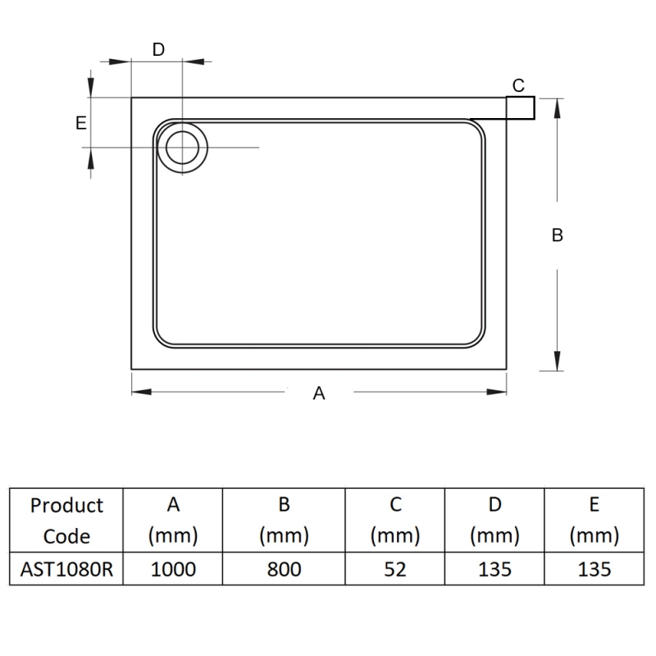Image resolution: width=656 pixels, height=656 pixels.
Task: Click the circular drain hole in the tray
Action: (x=182, y=148)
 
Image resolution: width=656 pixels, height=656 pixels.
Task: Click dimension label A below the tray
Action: (x=320, y=394)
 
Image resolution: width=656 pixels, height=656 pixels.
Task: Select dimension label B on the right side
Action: (x=558, y=235)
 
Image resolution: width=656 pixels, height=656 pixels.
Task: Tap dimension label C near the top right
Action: (x=518, y=85)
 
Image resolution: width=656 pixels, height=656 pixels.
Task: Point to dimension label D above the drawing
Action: (x=159, y=49)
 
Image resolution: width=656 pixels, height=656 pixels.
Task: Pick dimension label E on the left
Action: (x=80, y=123)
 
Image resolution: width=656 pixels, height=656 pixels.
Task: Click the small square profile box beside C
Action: (x=521, y=107)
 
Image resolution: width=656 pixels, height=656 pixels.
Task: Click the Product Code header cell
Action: (x=66, y=521)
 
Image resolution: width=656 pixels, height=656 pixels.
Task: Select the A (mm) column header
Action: (x=173, y=521)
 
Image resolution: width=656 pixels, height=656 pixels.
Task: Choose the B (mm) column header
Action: (x=284, y=521)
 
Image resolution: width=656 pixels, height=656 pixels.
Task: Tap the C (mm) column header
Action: (x=394, y=521)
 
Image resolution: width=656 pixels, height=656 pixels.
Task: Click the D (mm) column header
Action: (x=494, y=521)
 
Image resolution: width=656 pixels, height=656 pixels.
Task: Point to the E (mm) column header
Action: (x=594, y=521)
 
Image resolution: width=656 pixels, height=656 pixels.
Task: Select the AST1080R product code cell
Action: (x=66, y=569)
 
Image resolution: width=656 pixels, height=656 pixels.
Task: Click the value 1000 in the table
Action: (x=173, y=569)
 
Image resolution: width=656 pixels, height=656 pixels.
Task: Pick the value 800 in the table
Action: (x=284, y=569)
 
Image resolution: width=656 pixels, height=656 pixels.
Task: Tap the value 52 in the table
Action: (x=394, y=569)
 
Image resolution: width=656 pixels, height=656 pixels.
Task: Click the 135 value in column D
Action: (x=494, y=569)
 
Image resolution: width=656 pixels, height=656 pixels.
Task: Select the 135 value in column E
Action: (x=594, y=569)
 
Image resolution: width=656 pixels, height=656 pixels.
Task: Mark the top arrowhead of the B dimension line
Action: (x=558, y=105)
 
